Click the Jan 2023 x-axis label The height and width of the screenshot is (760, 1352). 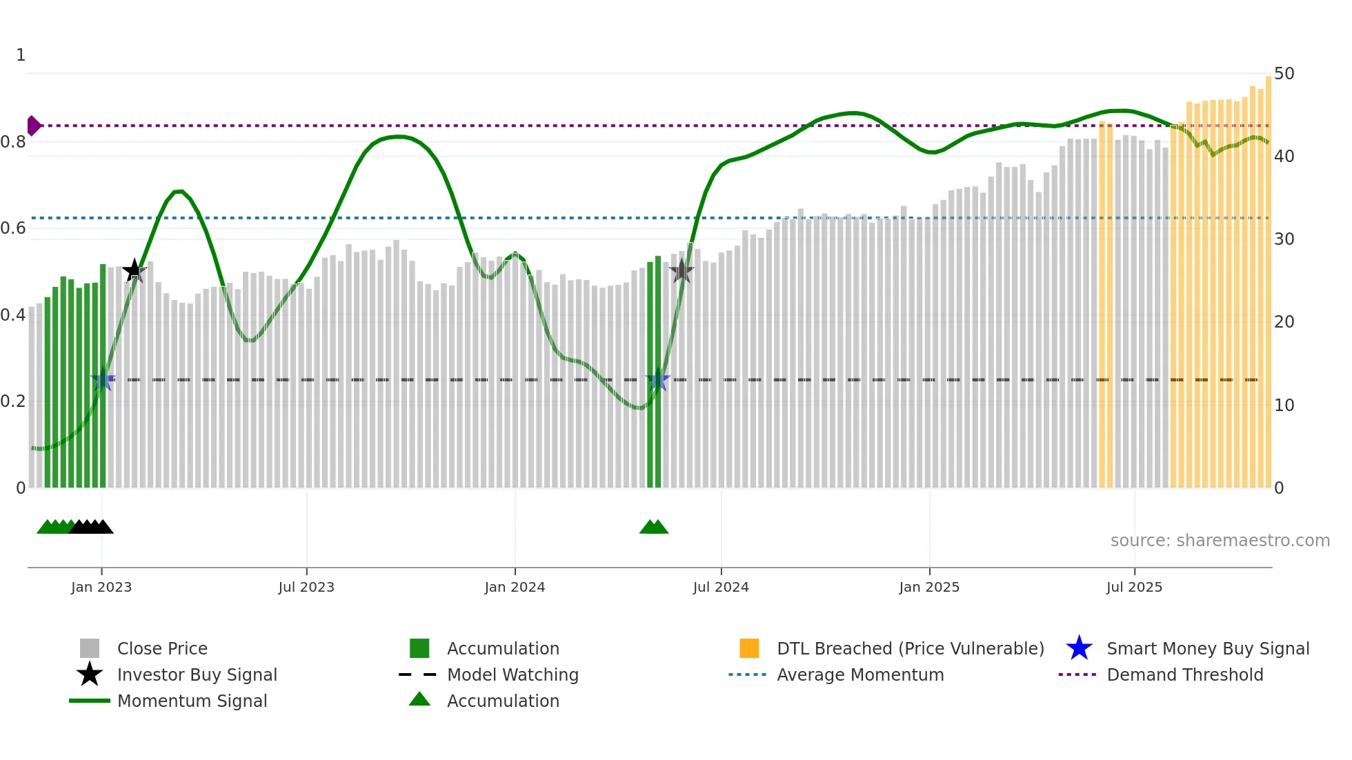click(101, 587)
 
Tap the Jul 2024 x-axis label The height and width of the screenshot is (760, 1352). click(721, 587)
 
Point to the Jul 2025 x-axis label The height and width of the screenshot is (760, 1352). click(1134, 587)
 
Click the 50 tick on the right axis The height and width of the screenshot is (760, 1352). click(1284, 73)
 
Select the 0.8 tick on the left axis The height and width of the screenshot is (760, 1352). click(13, 142)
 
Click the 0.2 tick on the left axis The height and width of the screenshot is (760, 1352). click(13, 401)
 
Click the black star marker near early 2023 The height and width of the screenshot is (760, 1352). click(134, 270)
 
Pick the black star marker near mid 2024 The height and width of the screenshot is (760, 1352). click(681, 271)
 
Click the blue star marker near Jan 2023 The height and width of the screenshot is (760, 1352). click(103, 380)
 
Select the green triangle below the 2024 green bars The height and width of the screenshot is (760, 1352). click(653, 527)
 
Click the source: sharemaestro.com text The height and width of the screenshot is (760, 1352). click(1220, 540)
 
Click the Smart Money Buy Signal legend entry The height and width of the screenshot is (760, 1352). click(1207, 648)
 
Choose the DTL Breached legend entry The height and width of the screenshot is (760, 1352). click(910, 648)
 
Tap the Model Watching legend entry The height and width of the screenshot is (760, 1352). click(512, 674)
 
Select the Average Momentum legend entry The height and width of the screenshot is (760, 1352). click(859, 674)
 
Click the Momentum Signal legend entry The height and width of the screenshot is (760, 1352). click(191, 701)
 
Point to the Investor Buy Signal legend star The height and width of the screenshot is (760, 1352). click(90, 674)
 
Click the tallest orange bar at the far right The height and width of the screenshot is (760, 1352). click(1268, 276)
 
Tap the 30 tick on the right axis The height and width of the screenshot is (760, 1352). click(1284, 239)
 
